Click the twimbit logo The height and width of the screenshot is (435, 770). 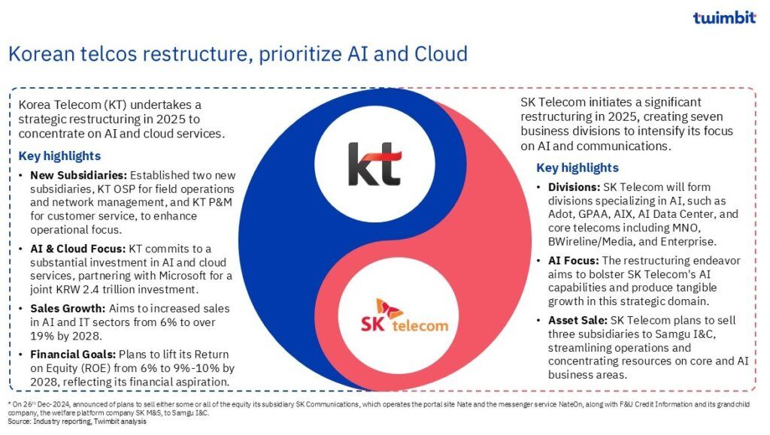coord(724,17)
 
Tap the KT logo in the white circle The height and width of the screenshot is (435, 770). coord(374,165)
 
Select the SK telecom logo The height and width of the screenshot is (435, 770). coord(404,316)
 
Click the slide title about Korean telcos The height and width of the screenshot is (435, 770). coord(238,54)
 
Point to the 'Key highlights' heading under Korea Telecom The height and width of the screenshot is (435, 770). coord(59,156)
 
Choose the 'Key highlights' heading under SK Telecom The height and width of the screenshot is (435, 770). coord(577,168)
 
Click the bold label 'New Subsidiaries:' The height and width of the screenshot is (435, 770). coord(78,175)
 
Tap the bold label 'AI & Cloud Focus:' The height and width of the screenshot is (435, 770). coord(77,249)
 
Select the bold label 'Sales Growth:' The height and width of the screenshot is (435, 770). coord(68,309)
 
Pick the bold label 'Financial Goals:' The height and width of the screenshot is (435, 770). coord(73,354)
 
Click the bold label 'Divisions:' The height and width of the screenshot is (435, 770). coord(574,187)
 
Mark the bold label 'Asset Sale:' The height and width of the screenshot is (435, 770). coord(578,320)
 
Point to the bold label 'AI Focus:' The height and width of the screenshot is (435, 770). coord(574,261)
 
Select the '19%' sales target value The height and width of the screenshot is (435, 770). coord(40,336)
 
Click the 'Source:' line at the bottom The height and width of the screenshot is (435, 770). coord(77,421)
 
